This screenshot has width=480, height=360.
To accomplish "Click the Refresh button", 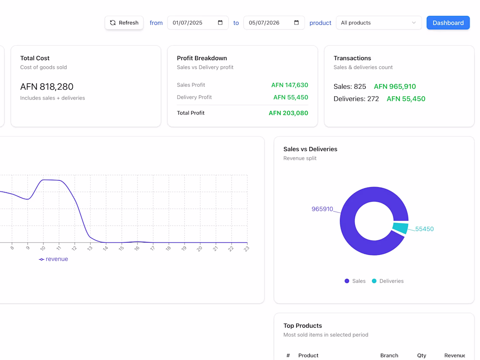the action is [x=124, y=23].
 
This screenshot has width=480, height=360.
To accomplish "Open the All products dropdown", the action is [x=379, y=23].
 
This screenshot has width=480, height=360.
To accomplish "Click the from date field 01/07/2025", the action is [x=198, y=23].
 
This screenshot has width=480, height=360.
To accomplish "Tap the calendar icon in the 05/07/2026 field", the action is [x=296, y=23].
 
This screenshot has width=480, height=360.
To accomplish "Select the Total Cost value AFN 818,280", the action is [x=47, y=87].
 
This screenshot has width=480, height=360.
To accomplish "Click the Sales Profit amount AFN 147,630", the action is [x=290, y=85].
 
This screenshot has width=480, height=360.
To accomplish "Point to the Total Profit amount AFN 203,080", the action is [x=288, y=113].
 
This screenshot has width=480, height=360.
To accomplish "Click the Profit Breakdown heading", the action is [x=202, y=58].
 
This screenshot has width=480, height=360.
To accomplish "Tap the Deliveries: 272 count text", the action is [x=357, y=99].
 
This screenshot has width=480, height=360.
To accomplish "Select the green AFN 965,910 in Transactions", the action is [x=395, y=87].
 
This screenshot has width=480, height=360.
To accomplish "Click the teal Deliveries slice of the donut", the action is [x=401, y=228].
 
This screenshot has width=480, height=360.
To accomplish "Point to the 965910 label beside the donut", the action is [x=322, y=209].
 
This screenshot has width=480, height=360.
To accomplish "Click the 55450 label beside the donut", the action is [x=424, y=229].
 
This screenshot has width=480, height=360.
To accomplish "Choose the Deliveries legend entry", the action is [x=387, y=281].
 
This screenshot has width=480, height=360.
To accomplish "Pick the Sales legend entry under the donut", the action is [x=355, y=281].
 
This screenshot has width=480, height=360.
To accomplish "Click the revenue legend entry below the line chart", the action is [x=54, y=259].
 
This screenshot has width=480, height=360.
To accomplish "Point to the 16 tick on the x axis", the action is [x=137, y=248].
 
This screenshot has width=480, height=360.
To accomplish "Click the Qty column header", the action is [x=422, y=355].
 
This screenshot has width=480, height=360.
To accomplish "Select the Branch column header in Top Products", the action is [x=389, y=355].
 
